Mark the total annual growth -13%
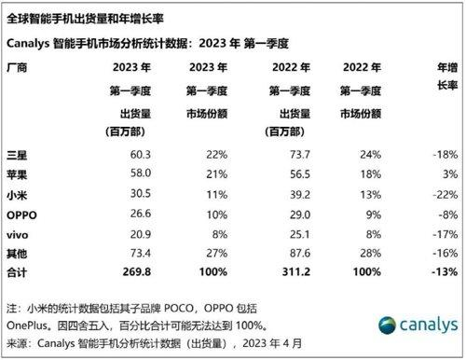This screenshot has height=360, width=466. (442, 271)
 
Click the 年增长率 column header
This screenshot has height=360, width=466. (440, 77)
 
